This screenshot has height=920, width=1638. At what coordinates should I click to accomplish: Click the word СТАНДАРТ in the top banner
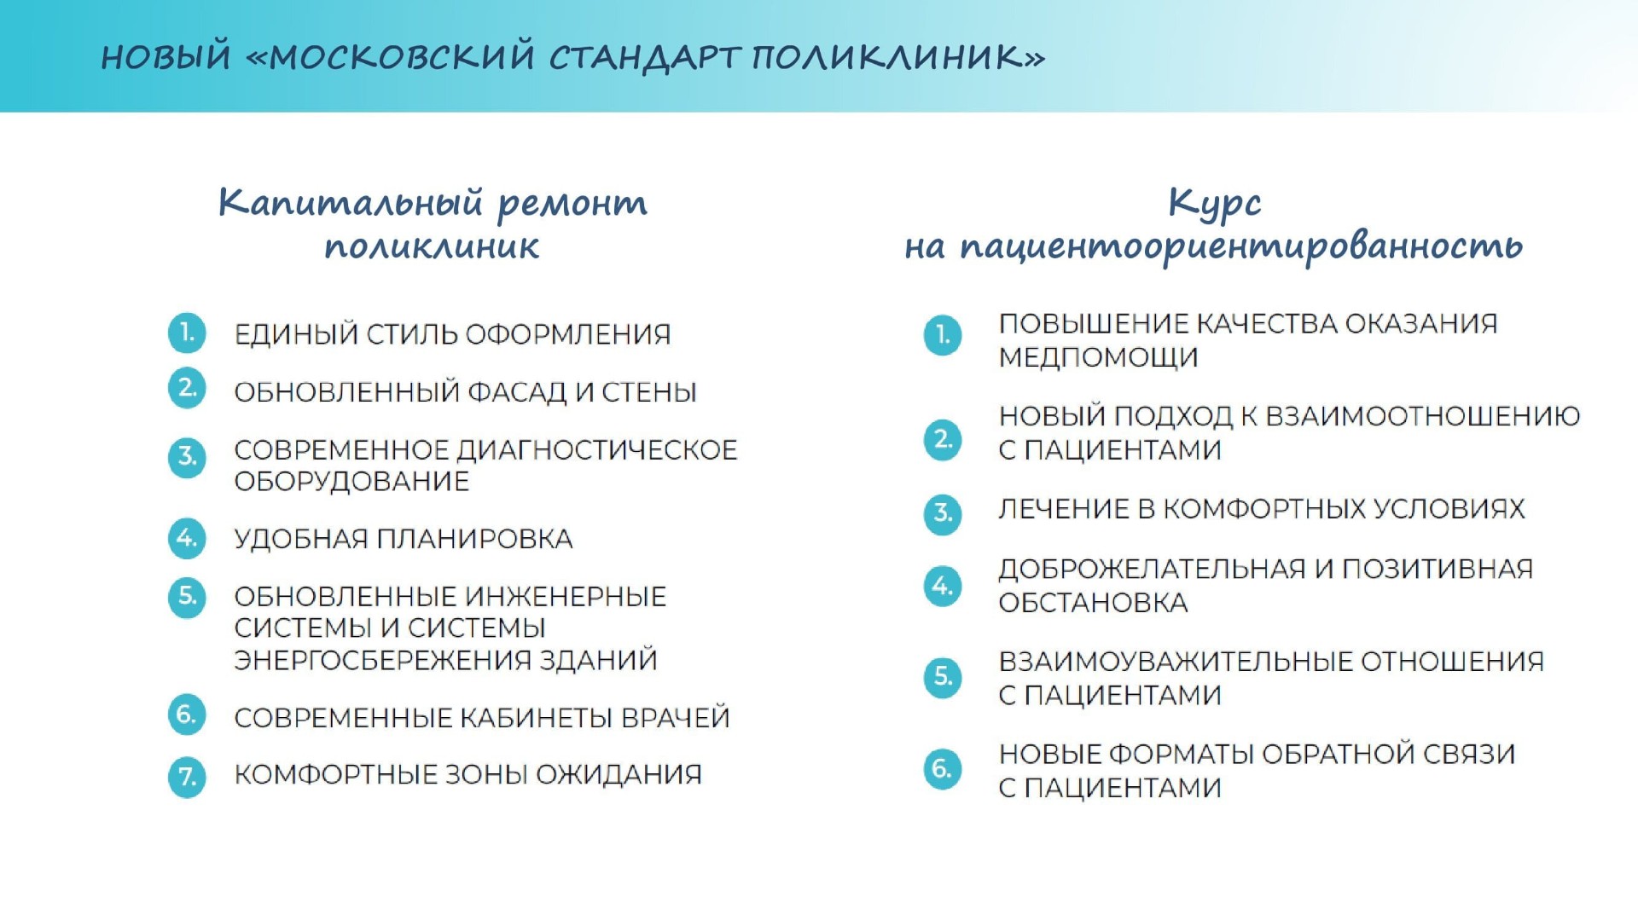647,58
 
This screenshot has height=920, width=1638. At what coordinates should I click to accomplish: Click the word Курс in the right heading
1214,204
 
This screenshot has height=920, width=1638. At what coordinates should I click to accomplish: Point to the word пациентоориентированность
1241,247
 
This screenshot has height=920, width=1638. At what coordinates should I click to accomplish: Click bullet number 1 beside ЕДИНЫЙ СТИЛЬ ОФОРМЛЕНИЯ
187,333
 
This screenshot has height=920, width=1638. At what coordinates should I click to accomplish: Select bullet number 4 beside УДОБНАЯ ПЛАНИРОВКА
187,539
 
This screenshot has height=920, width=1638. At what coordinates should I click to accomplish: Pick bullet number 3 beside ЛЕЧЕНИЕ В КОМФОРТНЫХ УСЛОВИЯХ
943,513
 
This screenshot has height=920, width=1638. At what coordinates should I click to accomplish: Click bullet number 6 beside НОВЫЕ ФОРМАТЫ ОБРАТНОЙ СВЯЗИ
943,769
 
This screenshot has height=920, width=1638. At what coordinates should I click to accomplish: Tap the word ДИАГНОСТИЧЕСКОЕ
597,449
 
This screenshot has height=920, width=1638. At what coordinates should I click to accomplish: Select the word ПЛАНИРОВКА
475,539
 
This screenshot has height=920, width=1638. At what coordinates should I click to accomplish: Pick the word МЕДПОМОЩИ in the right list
1099,357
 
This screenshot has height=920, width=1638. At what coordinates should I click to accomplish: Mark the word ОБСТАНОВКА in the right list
1093,603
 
